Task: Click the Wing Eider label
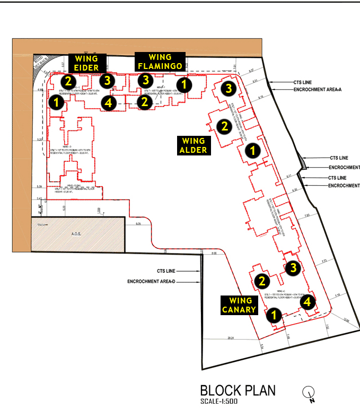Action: tap(87, 63)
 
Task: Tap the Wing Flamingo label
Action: tap(160, 62)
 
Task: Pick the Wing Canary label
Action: tap(239, 306)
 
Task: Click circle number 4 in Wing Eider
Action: tap(108, 102)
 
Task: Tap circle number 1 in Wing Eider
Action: tap(55, 102)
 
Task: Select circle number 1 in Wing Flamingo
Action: tap(184, 84)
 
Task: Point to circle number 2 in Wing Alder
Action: tap(224, 126)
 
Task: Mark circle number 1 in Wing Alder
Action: tap(253, 150)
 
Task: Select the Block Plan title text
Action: tap(238, 390)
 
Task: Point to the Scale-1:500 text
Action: tap(219, 402)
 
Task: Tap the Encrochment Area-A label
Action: tap(317, 90)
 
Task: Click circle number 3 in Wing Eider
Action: tap(108, 81)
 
